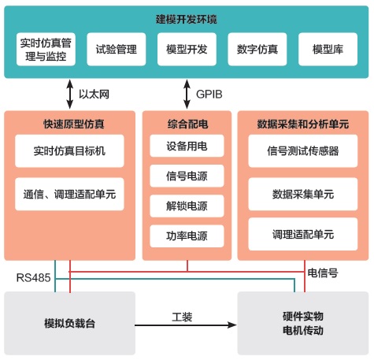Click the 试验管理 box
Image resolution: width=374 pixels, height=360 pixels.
click(x=117, y=49)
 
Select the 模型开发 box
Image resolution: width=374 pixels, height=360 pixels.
click(x=187, y=49)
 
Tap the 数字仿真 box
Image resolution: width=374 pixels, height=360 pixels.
click(x=257, y=49)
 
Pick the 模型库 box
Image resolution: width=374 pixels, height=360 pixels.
click(x=328, y=49)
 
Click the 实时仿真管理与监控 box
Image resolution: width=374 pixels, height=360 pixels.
click(x=46, y=49)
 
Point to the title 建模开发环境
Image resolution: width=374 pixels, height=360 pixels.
click(x=187, y=20)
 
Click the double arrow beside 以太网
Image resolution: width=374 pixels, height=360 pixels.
click(x=70, y=94)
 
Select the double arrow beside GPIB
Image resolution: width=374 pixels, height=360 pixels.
click(x=187, y=94)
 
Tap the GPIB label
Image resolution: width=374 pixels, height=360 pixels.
click(x=209, y=95)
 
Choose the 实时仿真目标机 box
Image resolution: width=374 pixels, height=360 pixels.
click(x=69, y=151)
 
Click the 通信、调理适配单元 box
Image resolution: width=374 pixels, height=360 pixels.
click(x=69, y=195)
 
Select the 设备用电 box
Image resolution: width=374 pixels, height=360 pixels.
click(x=187, y=146)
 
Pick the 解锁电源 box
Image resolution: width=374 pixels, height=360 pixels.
click(x=187, y=206)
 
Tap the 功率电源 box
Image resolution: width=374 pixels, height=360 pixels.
click(x=187, y=236)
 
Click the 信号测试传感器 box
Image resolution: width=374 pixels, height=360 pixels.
click(x=303, y=151)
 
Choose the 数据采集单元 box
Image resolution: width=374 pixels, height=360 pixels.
click(x=303, y=195)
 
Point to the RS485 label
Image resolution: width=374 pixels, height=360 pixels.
click(x=33, y=277)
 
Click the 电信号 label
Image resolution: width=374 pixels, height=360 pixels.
click(x=323, y=273)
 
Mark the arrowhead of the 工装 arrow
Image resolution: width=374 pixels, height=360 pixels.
click(x=232, y=325)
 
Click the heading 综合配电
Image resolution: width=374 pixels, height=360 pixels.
click(x=187, y=124)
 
